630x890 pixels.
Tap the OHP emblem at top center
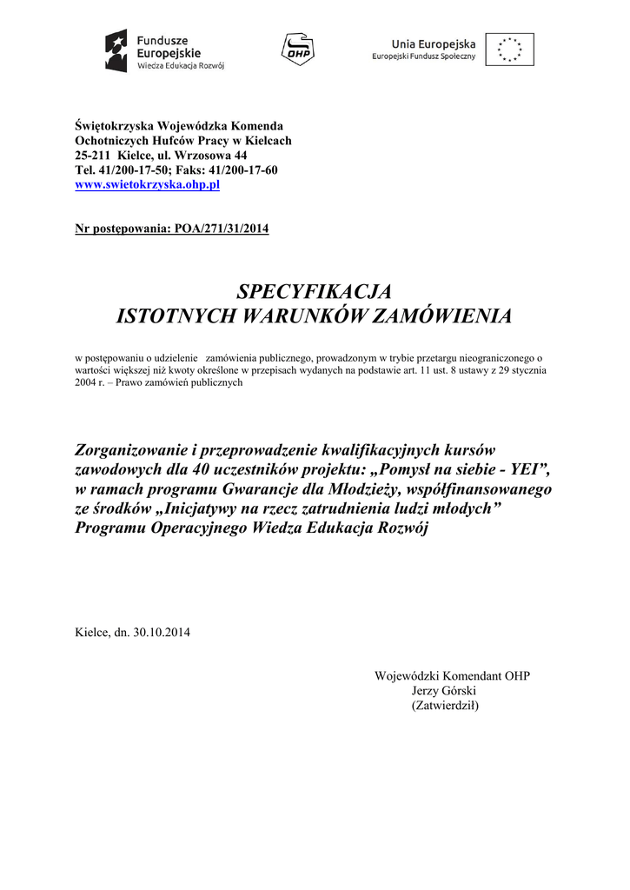295,49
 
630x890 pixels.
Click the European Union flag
509,50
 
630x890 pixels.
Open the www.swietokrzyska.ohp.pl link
147,184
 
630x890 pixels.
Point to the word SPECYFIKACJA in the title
315,290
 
